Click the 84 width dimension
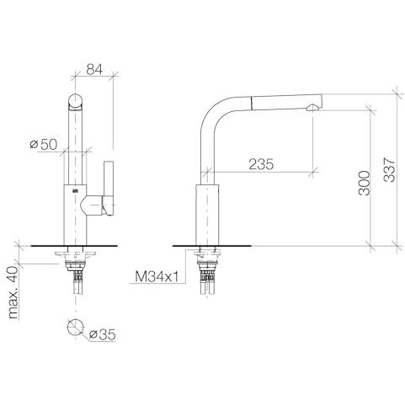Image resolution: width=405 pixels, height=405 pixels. (x=94, y=69)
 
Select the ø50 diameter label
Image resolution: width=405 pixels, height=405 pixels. (x=44, y=145)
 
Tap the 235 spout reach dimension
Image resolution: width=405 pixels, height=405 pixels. (x=261, y=164)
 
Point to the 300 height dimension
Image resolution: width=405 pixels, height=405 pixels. (x=365, y=183)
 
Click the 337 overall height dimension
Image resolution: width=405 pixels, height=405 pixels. (x=389, y=170)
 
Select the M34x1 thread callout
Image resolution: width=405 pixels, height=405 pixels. (x=157, y=277)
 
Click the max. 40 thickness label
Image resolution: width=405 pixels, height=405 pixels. (x=13, y=292)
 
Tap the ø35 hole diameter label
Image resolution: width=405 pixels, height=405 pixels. (x=102, y=334)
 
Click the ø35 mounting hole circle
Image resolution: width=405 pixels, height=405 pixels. (x=76, y=328)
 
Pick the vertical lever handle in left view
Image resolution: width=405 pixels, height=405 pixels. (x=109, y=188)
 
